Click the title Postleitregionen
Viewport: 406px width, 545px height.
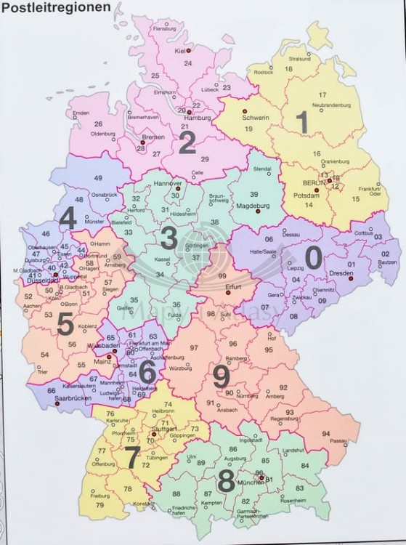[x=56, y=8]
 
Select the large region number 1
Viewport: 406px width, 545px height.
[x=299, y=121]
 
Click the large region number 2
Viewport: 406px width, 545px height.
[x=187, y=142]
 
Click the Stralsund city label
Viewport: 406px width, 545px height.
[x=299, y=58]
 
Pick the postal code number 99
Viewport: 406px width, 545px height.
[x=222, y=277]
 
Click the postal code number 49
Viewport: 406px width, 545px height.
[x=98, y=179]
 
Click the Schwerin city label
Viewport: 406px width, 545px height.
[x=256, y=116]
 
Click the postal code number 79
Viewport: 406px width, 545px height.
[x=100, y=505]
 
